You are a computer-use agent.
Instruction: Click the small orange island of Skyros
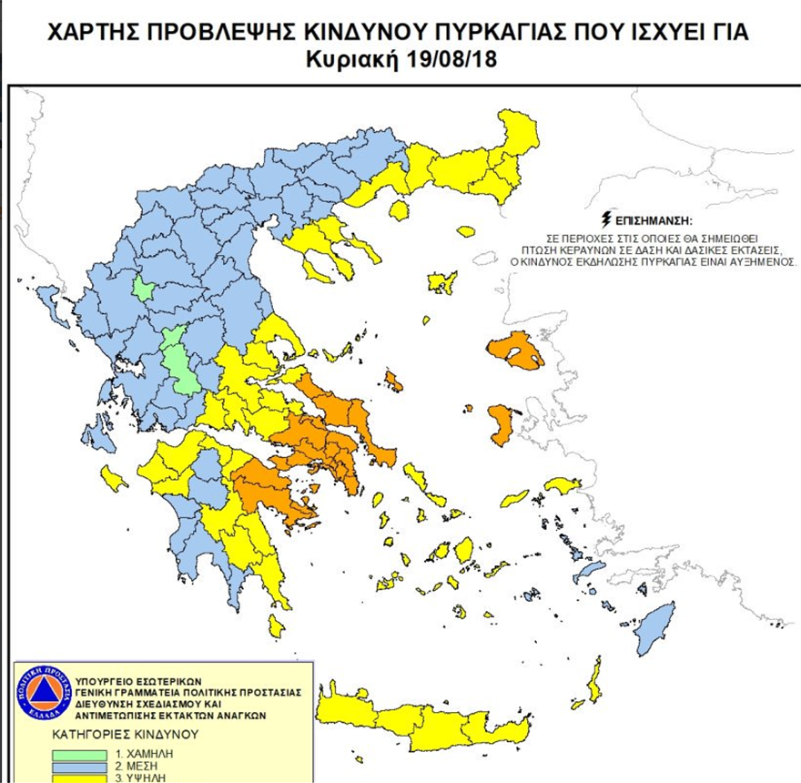pyautogui.click(x=393, y=379)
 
